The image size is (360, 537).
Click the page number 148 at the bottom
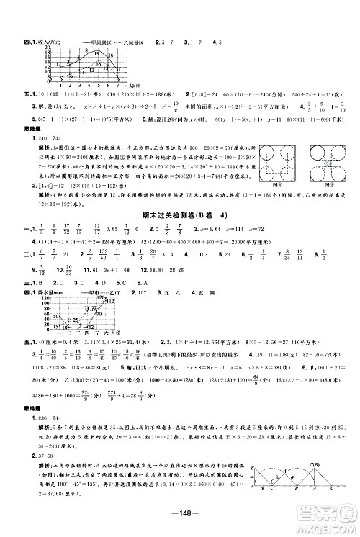point(179,521)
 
